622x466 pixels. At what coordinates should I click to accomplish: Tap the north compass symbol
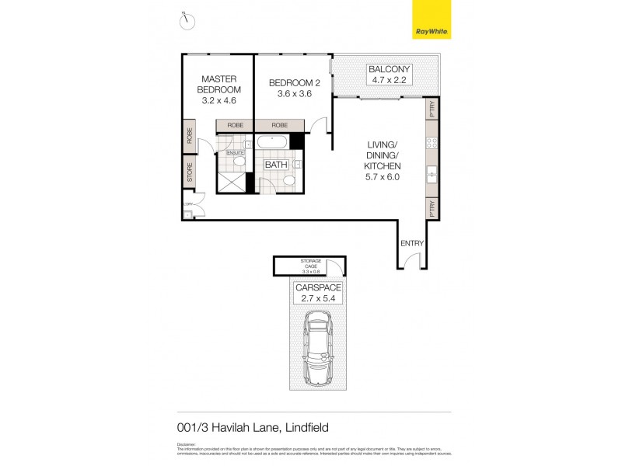186,21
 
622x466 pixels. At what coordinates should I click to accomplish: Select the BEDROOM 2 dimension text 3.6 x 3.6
294,94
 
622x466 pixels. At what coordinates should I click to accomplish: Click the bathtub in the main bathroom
272,142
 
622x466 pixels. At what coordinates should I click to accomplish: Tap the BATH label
275,165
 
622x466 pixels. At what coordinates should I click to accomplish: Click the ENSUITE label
236,153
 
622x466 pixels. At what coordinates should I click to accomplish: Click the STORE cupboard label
189,172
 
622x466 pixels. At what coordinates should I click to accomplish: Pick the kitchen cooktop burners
432,143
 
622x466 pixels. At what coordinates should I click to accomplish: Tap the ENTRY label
412,243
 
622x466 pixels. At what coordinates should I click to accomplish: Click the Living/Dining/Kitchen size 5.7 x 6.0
383,178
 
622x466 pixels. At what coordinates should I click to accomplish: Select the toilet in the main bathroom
288,180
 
